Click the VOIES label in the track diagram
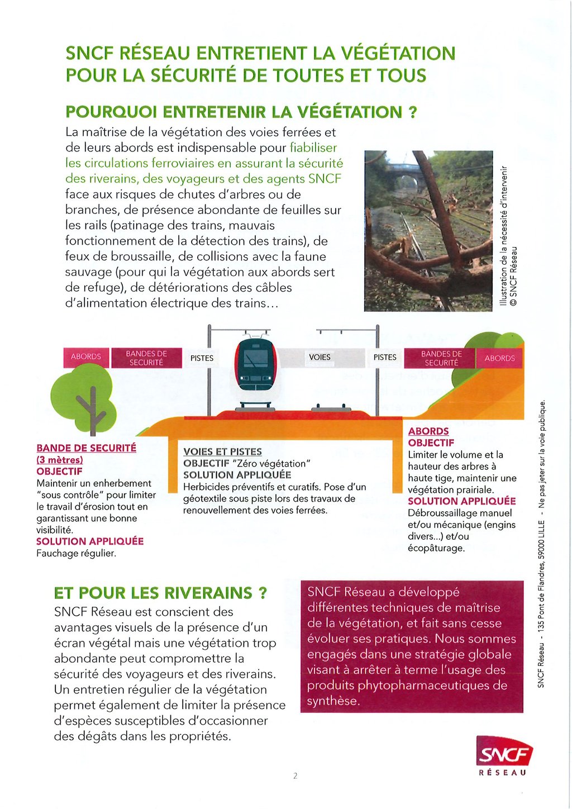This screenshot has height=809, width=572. (320, 357)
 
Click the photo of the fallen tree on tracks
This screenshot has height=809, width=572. (428, 231)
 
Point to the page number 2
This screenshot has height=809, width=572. (295, 775)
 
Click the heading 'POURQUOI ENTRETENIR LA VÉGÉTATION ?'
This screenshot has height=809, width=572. (241, 112)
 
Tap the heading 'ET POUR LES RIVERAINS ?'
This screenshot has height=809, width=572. (160, 593)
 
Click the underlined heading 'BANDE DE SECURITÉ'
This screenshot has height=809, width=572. (86, 448)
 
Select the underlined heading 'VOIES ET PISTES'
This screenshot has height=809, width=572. (222, 451)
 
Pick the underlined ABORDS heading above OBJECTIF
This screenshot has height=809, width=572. (428, 431)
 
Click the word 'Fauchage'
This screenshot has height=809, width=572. (56, 553)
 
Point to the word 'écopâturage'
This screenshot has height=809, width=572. (436, 548)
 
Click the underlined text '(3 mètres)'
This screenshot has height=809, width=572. (60, 460)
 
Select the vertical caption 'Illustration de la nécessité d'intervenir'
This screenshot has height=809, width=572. (504, 235)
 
